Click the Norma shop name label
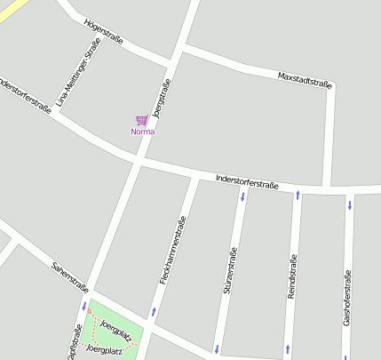142,132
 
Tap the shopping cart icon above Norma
141,120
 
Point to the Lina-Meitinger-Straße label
78,79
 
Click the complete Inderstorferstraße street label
248,182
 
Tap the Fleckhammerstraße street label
172,250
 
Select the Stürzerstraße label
230,271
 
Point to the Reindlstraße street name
292,276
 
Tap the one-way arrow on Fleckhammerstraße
154,312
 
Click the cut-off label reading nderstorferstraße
26,96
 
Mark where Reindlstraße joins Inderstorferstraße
298,189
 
